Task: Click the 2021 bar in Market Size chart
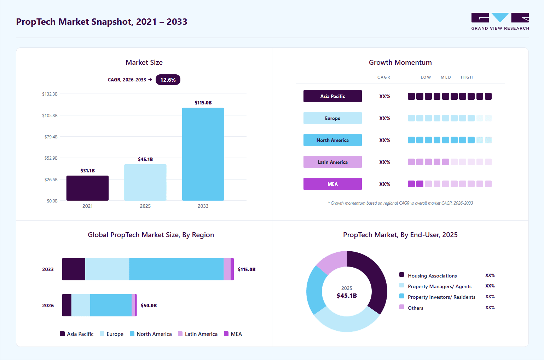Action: coord(87,188)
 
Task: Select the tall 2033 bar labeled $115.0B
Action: coord(203,154)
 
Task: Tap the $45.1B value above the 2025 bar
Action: coord(145,159)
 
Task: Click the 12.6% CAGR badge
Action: coord(168,80)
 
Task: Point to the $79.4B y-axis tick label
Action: coord(51,137)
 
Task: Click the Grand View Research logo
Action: coord(500,21)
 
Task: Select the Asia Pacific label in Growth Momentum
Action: coord(332,96)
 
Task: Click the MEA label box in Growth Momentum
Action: coord(332,184)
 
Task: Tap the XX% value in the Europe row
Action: coord(385,118)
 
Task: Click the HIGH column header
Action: coord(467,77)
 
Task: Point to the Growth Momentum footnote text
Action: coord(400,203)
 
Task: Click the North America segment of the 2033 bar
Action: coord(176,269)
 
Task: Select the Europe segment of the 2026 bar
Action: coord(81,305)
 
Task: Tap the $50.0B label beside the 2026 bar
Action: coord(149,305)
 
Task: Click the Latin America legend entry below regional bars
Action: coord(198,334)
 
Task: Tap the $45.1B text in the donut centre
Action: coord(347,296)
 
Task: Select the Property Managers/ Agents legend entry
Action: coord(435,286)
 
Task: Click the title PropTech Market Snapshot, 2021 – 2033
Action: coord(102,22)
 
